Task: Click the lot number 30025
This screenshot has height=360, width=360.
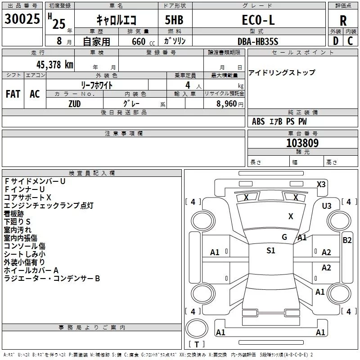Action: point(22,18)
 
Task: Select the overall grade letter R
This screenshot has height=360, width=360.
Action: point(343,21)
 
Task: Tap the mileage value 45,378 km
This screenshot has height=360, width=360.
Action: point(55,65)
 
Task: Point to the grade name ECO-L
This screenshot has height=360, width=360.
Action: point(258,20)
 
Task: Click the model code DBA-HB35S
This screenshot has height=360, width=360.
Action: point(258,41)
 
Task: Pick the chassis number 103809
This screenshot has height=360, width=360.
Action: point(302,143)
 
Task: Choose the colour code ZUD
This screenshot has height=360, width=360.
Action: point(75,104)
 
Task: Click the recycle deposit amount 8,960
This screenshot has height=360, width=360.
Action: point(226,104)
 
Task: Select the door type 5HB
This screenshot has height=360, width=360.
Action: point(174,20)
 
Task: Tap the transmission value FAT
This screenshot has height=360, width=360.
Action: point(13,94)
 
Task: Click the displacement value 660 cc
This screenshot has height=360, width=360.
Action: point(143,42)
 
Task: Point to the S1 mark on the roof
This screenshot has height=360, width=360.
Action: point(271,251)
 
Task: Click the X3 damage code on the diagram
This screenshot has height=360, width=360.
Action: point(321,184)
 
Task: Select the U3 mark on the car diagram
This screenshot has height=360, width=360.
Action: point(327,206)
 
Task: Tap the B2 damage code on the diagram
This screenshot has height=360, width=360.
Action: point(347,240)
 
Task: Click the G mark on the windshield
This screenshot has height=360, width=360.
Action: point(284,237)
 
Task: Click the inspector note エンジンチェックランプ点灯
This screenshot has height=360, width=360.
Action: point(49,205)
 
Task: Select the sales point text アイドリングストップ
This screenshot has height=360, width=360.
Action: point(282,72)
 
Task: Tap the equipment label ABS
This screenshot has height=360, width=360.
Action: point(258,121)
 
